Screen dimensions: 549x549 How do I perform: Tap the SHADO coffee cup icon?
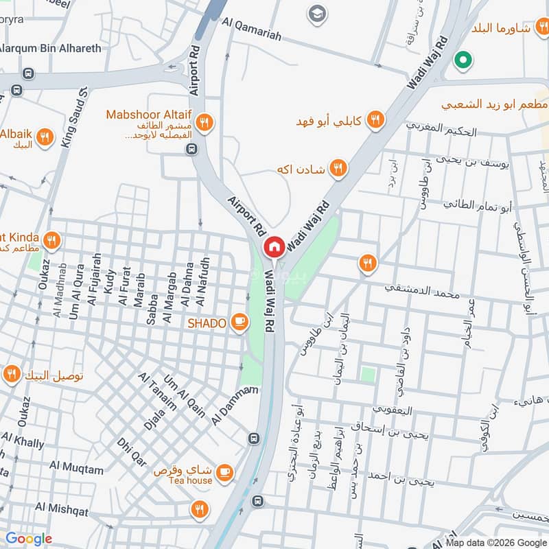point(240,323)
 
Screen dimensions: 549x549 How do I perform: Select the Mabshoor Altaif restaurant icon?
point(204,124)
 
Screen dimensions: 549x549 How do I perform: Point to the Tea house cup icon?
point(224,472)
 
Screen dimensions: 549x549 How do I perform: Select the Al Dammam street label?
point(235,405)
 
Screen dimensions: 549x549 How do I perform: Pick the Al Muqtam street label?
point(77,469)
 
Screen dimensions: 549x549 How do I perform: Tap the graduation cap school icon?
point(317,14)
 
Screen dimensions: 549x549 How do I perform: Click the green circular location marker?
point(463,61)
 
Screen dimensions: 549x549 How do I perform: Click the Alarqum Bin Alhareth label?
point(49,48)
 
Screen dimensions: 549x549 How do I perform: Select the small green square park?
point(369,375)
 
